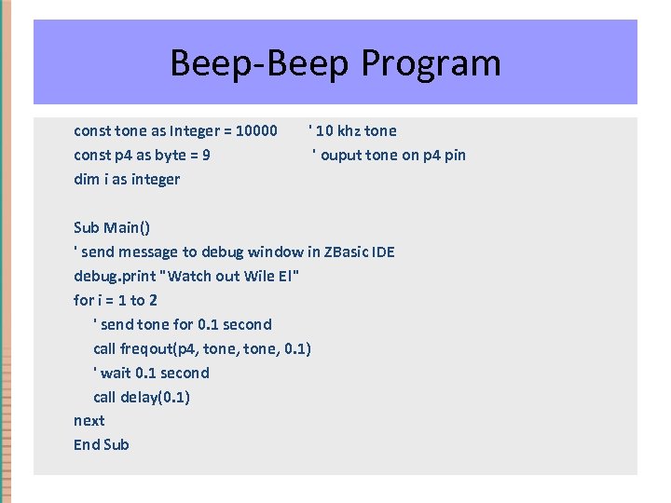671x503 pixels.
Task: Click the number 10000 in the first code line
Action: pos(256,130)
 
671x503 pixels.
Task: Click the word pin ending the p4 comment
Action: pos(454,155)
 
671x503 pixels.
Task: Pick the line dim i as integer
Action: pos(127,179)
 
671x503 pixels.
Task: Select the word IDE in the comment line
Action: pos(382,251)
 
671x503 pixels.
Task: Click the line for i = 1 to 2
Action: pos(116,300)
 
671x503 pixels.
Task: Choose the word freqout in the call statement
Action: pos(150,348)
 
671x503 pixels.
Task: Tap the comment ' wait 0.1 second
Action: pos(151,373)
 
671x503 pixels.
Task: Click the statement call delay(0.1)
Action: pos(142,397)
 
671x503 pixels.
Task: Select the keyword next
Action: pos(89,421)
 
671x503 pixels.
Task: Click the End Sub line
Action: pos(102,445)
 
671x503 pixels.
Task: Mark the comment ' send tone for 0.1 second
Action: pos(183,324)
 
